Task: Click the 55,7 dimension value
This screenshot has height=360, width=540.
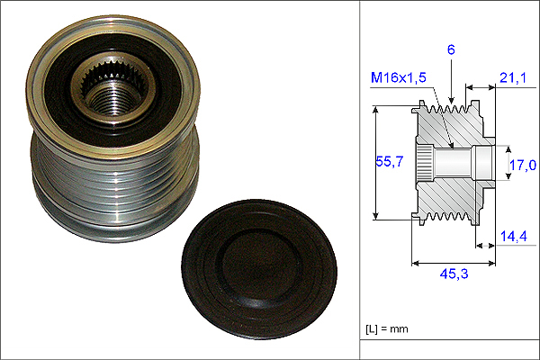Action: [x=389, y=161]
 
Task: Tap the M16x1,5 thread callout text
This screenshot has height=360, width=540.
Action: [x=399, y=77]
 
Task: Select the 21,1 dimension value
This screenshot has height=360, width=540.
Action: [x=513, y=78]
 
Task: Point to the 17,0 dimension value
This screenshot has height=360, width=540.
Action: [x=523, y=165]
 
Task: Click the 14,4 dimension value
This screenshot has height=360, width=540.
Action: [x=514, y=237]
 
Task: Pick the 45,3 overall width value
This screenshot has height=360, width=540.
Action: [x=454, y=274]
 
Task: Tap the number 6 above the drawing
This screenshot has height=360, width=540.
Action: [x=451, y=49]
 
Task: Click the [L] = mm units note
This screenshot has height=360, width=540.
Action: [x=387, y=328]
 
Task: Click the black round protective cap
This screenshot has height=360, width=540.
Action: [x=259, y=269]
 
